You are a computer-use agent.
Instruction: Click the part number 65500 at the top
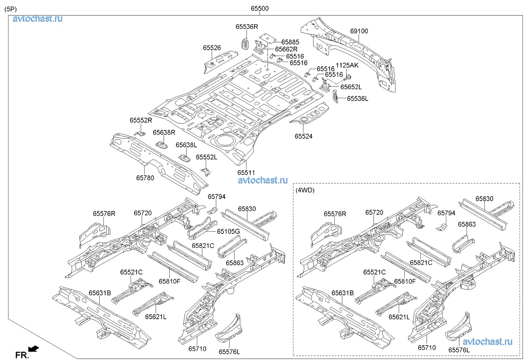coord(259,8)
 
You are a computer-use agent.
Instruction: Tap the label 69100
coord(359,31)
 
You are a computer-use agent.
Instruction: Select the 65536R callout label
coord(246,27)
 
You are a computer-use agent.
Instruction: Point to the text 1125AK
coord(347,65)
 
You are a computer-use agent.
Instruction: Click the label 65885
coord(290,42)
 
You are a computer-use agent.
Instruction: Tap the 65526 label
coord(212,48)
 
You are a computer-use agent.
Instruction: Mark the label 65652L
coord(352,87)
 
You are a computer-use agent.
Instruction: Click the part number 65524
coord(304,136)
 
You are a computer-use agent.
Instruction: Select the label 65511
coord(246,172)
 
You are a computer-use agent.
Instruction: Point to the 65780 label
coord(145,178)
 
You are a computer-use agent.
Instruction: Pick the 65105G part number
coord(228,231)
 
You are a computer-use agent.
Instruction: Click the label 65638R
coord(164,132)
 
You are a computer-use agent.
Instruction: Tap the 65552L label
coord(206,157)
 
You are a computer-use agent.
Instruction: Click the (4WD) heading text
coord(305,190)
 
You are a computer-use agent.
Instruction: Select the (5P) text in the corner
coord(11,8)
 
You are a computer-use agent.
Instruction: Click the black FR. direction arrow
coord(34,349)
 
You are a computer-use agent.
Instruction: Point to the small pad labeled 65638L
coord(184,157)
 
